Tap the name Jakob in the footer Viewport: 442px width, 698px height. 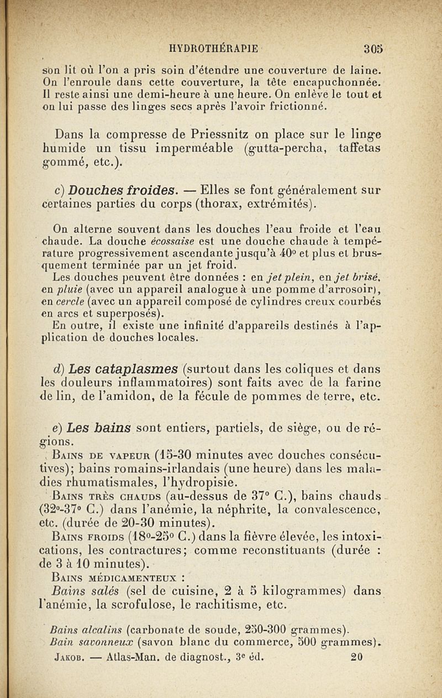[70, 658]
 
